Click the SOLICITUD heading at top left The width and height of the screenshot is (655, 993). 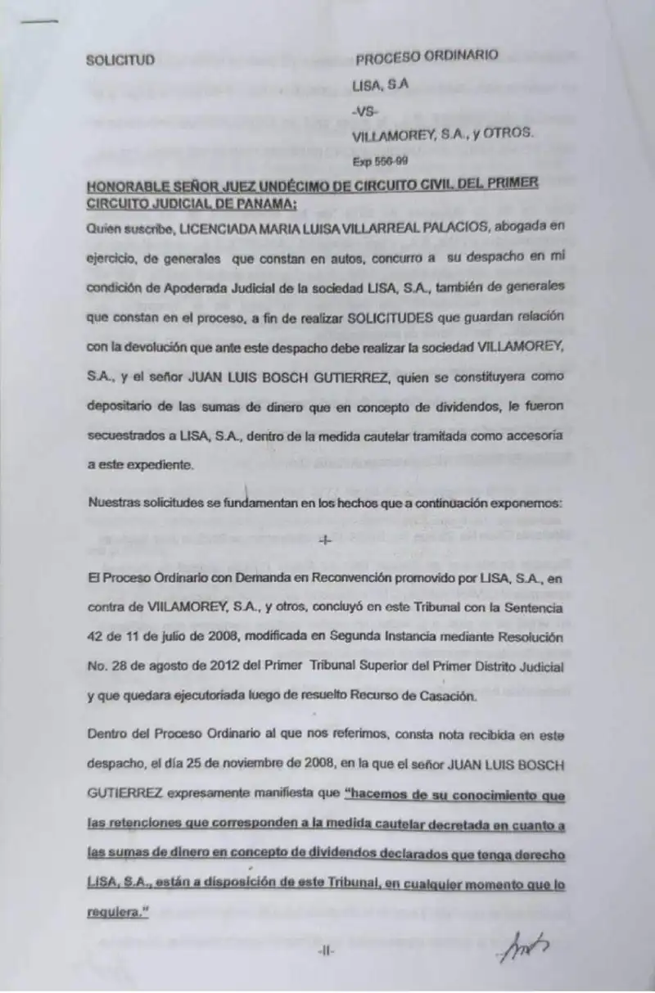pos(120,60)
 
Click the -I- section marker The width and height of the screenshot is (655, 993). pos(325,540)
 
